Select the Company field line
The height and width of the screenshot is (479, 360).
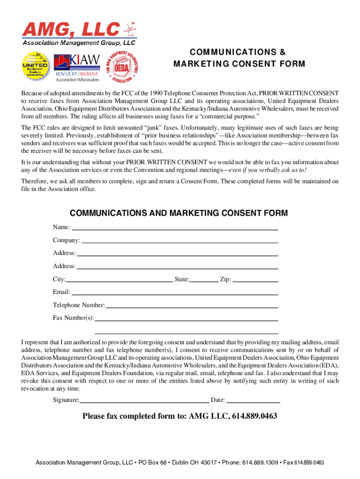pos(180,240)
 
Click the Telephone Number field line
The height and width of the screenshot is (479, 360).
pos(192,305)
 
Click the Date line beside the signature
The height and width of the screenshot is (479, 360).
pos(253,400)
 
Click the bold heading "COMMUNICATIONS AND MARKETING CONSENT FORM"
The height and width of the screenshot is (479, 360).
pos(179,213)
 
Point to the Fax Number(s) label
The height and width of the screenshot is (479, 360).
pos(73,318)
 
